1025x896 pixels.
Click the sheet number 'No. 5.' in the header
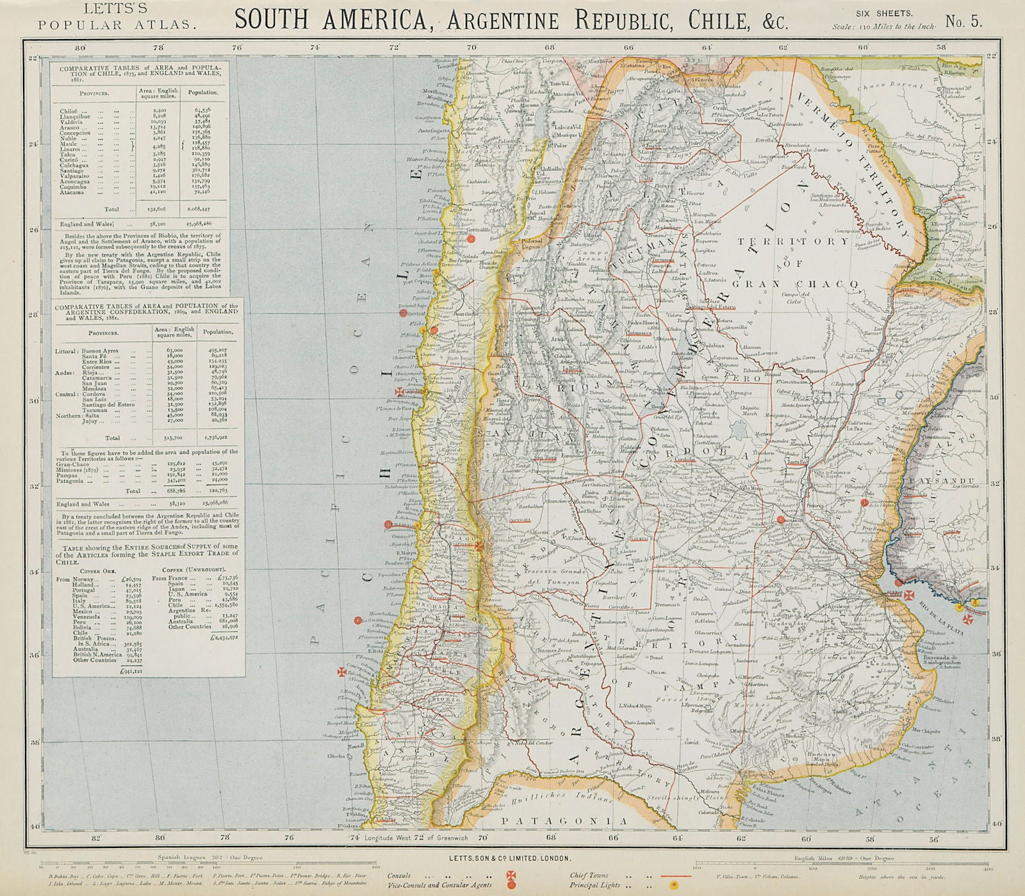pyautogui.click(x=967, y=21)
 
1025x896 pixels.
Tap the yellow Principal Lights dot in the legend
pyautogui.click(x=673, y=885)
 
